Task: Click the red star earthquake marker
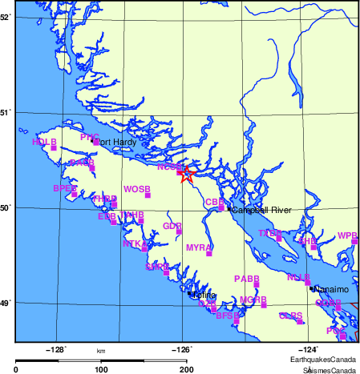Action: point(186,175)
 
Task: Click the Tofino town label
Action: point(204,296)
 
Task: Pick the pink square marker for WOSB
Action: point(148,195)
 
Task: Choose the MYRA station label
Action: point(198,248)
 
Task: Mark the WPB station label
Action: point(347,235)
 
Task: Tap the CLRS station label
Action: point(290,316)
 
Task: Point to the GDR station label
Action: point(172,226)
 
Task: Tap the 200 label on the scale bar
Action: point(187,369)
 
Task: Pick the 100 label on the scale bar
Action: point(101,369)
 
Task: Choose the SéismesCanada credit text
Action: point(330,369)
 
